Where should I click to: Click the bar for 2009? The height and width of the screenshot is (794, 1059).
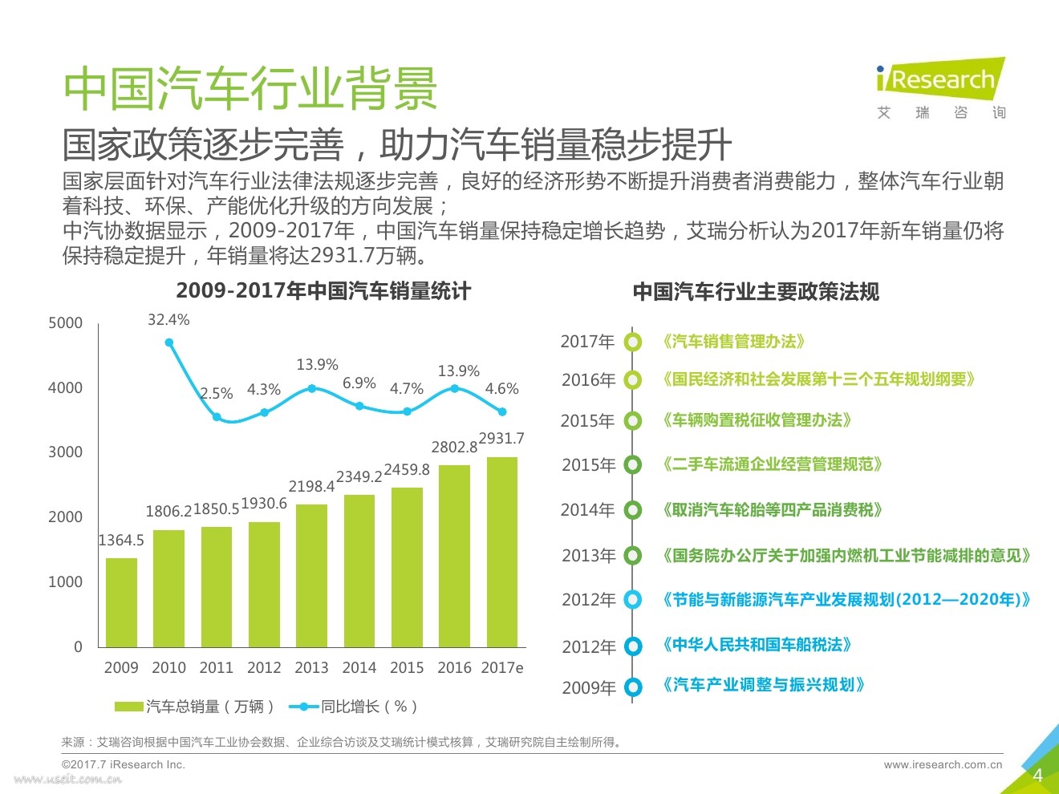[x=121, y=602]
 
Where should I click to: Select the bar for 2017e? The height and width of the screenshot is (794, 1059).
[x=502, y=552]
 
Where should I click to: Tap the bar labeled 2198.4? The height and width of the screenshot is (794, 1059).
[x=311, y=575]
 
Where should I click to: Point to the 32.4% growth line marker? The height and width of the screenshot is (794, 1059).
[x=169, y=342]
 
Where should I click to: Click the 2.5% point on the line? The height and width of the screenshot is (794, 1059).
[x=217, y=417]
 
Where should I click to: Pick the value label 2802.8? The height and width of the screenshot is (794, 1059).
[x=454, y=447]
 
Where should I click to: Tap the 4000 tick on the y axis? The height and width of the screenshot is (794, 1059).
[x=65, y=387]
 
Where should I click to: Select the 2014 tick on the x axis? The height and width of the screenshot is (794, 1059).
[x=359, y=667]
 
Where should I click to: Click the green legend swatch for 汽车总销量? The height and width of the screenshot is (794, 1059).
[x=128, y=707]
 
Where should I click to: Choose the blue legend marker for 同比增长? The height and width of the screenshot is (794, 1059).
[x=303, y=707]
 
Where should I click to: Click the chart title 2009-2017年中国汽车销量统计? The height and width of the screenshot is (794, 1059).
[x=323, y=290]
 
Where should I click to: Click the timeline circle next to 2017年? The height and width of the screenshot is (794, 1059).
[x=633, y=342]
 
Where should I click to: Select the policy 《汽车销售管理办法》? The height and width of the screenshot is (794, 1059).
[x=733, y=342]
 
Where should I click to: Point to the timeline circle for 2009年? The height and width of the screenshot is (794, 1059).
[x=633, y=687]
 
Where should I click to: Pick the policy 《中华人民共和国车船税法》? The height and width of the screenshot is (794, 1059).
[x=757, y=645]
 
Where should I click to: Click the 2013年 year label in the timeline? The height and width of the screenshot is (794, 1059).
[x=588, y=555]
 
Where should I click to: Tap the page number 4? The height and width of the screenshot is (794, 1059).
[x=1037, y=775]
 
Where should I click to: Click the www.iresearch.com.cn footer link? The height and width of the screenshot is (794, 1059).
[x=943, y=764]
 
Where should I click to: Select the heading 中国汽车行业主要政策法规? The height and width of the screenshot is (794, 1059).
[x=756, y=291]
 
